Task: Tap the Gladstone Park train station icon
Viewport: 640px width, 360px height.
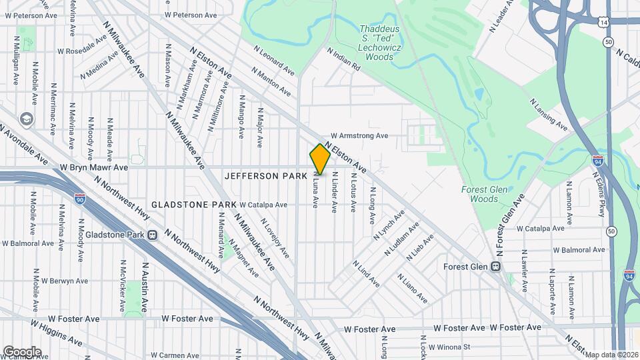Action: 153,235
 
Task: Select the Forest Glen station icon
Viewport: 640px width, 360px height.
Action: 495,267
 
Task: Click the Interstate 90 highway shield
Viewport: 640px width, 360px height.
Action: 80,199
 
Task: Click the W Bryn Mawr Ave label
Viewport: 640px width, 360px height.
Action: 93,168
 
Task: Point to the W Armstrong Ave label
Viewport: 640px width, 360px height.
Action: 359,135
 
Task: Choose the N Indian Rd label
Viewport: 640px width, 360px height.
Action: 343,59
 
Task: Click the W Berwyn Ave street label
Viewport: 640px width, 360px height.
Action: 63,281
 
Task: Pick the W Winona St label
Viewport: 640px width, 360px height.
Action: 449,347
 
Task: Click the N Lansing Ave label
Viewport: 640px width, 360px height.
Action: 549,114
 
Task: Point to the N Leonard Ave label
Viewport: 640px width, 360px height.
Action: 274,59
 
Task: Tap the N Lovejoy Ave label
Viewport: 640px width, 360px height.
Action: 275,238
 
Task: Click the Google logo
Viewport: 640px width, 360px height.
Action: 22,351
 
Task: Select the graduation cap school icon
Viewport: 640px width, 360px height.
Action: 27,119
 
